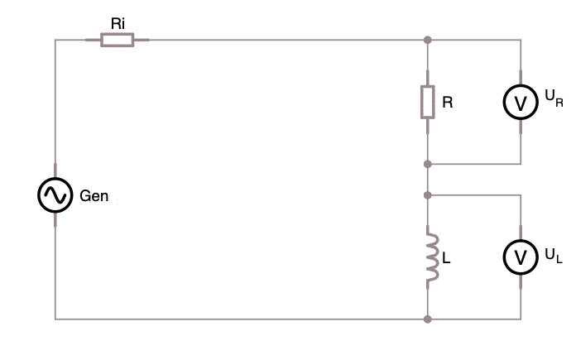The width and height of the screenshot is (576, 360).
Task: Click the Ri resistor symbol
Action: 118,40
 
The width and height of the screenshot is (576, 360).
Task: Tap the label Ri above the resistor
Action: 118,24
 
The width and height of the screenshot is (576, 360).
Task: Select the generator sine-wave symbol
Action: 55,195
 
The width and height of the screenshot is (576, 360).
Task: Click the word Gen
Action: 94,196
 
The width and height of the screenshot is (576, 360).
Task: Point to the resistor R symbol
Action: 428,102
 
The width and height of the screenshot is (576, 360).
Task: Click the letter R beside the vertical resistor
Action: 448,103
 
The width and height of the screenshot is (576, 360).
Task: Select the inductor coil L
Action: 432,257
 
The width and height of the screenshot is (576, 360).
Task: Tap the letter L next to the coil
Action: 446,258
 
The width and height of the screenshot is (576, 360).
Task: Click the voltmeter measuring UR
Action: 521,102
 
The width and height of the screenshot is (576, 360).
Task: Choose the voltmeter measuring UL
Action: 521,257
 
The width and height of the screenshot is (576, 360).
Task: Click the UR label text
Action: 554,98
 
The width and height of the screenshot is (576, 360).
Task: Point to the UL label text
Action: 554,256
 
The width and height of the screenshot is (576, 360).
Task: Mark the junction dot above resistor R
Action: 428,40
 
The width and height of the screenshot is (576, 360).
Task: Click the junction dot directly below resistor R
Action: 428,164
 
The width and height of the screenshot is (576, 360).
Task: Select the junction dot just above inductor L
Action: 428,195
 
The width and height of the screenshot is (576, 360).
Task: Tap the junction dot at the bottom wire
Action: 428,319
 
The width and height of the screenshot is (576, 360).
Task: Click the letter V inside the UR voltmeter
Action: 521,103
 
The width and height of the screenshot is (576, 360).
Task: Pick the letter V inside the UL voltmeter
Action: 521,258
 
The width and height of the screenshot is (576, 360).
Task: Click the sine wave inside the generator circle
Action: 55,195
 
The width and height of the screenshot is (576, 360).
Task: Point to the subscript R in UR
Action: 559,103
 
